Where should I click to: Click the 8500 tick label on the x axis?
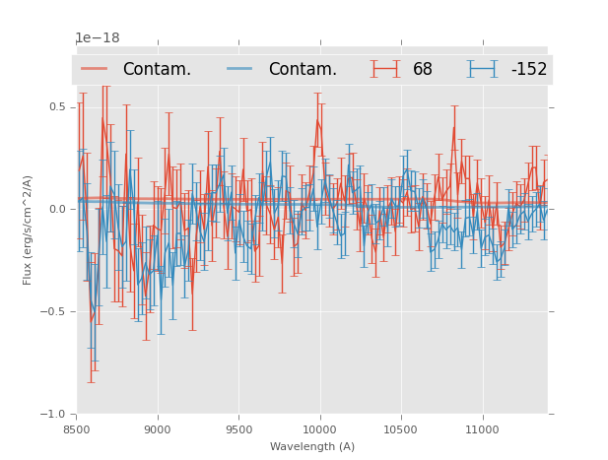point(77,429)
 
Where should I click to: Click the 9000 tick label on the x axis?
point(158,429)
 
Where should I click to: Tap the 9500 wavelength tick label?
point(238,429)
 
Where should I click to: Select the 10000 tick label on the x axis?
point(319,429)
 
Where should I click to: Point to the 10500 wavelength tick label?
point(400,429)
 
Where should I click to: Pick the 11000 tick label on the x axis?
point(481,429)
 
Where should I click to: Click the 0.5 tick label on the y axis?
point(58,106)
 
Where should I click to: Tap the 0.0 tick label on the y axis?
point(58,209)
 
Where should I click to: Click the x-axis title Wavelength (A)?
point(311,446)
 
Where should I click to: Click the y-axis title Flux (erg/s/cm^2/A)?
point(29,230)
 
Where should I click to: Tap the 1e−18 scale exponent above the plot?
point(98,38)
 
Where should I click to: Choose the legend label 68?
point(423,70)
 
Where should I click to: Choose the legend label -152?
point(528,70)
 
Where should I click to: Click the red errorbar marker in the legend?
point(385,69)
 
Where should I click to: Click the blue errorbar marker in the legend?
point(482,69)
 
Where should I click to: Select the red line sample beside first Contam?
point(95,69)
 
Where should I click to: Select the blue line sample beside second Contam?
point(240,69)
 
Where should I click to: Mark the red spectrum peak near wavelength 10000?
point(317,121)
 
